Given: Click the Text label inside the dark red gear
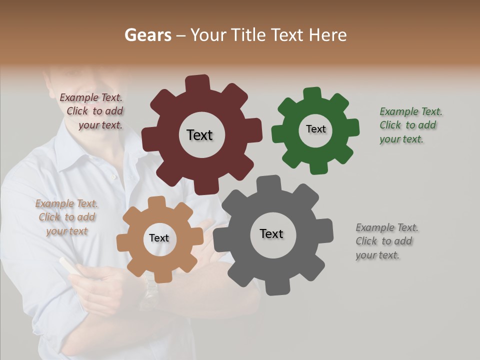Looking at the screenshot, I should point(199,135).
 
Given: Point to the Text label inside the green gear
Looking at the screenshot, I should point(315,129).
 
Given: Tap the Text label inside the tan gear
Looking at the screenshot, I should point(159,238).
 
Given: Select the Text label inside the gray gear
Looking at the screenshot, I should point(271,233).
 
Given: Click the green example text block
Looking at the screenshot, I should point(409,125).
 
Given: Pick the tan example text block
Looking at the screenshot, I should point(66,217).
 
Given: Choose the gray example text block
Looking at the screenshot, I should point(386,241).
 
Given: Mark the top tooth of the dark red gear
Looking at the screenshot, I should point(197,83).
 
